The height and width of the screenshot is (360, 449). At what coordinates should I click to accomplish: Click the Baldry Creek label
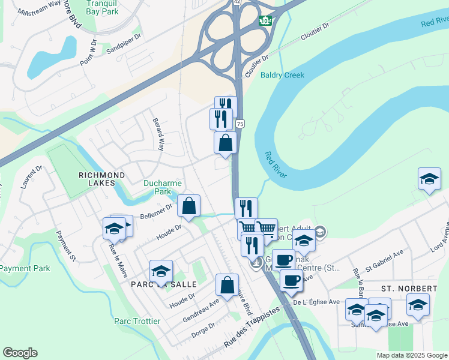[x=282, y=75]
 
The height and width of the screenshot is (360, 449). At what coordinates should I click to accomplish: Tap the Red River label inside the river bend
[x=276, y=164]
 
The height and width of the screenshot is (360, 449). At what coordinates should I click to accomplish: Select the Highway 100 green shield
[x=265, y=20]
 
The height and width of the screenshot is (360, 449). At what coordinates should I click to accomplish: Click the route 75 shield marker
[x=240, y=124]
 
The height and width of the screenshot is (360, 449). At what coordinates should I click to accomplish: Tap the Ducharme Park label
[x=158, y=187]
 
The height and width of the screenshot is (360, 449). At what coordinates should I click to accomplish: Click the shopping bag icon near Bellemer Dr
[x=188, y=206]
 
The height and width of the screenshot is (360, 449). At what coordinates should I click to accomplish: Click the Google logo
[x=20, y=353]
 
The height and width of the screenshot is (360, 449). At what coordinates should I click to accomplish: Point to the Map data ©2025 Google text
[x=411, y=355]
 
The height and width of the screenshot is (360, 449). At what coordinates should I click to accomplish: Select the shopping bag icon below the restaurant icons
[x=225, y=143]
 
